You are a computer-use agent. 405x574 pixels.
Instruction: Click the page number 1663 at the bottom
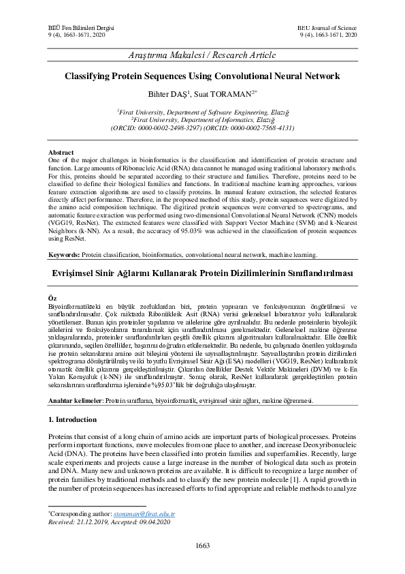pos(202,545)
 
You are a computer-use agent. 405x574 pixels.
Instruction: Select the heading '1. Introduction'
pos(78,419)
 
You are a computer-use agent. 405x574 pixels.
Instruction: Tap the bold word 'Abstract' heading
pos(61,152)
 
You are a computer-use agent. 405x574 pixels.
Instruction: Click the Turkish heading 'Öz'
pos(52,299)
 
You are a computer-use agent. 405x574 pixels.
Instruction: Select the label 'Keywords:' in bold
pos(65,254)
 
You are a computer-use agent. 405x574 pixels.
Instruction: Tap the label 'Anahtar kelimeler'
pos(75,401)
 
